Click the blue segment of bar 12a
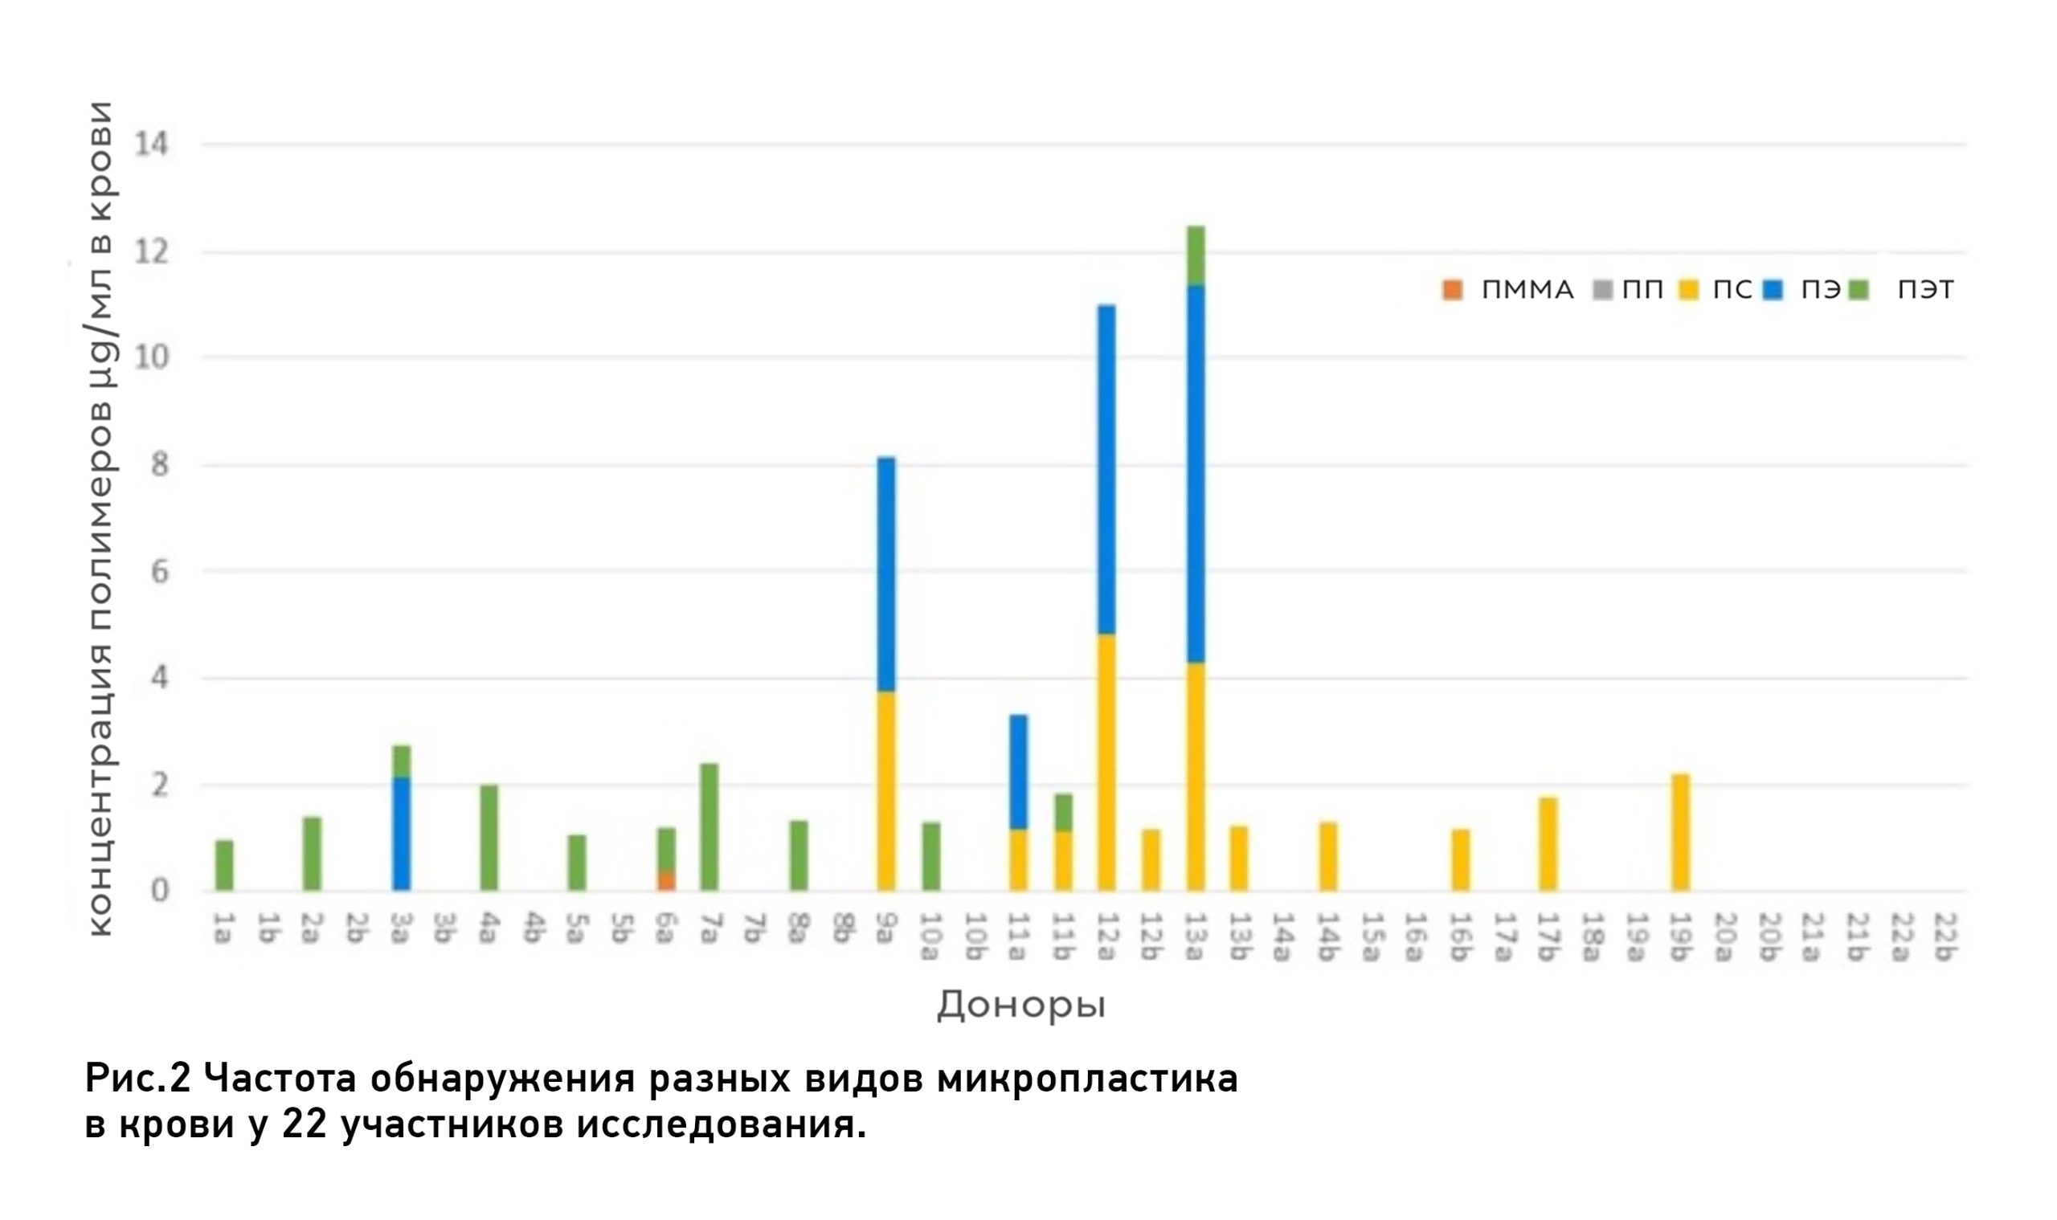click(1106, 469)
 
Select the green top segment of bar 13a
click(1195, 255)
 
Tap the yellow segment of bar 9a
click(885, 791)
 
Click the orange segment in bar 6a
click(666, 880)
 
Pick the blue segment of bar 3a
click(402, 834)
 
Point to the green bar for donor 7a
click(709, 827)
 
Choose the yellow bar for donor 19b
click(1680, 832)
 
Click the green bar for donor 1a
click(224, 865)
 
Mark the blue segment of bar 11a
click(1018, 772)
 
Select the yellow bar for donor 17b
click(1548, 843)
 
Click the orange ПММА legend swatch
click(1453, 290)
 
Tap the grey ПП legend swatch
click(1602, 290)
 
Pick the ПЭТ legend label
click(1924, 290)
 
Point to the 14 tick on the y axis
click(151, 145)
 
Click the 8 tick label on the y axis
click(159, 465)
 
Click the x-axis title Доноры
click(1020, 1005)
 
